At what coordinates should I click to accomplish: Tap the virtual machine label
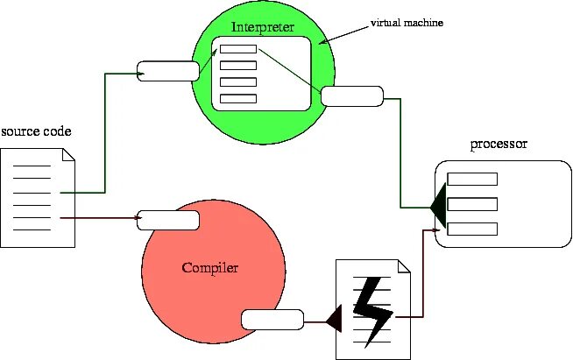[x=407, y=24]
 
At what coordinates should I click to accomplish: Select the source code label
[x=36, y=131]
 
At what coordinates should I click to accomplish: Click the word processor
[x=499, y=145]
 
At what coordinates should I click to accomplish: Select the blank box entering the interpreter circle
[x=168, y=71]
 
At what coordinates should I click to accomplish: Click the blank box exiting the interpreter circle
[x=352, y=95]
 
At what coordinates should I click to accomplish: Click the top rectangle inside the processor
[x=473, y=180]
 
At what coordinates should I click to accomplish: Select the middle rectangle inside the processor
[x=473, y=204]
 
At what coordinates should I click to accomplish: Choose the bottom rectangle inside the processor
[x=473, y=229]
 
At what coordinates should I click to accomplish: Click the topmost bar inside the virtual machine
[x=237, y=48]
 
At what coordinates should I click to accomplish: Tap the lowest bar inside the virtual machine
[x=237, y=98]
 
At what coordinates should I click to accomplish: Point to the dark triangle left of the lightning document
[x=333, y=321]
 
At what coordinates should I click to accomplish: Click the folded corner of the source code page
[x=68, y=156]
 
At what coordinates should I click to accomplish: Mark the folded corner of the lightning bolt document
[x=405, y=266]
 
